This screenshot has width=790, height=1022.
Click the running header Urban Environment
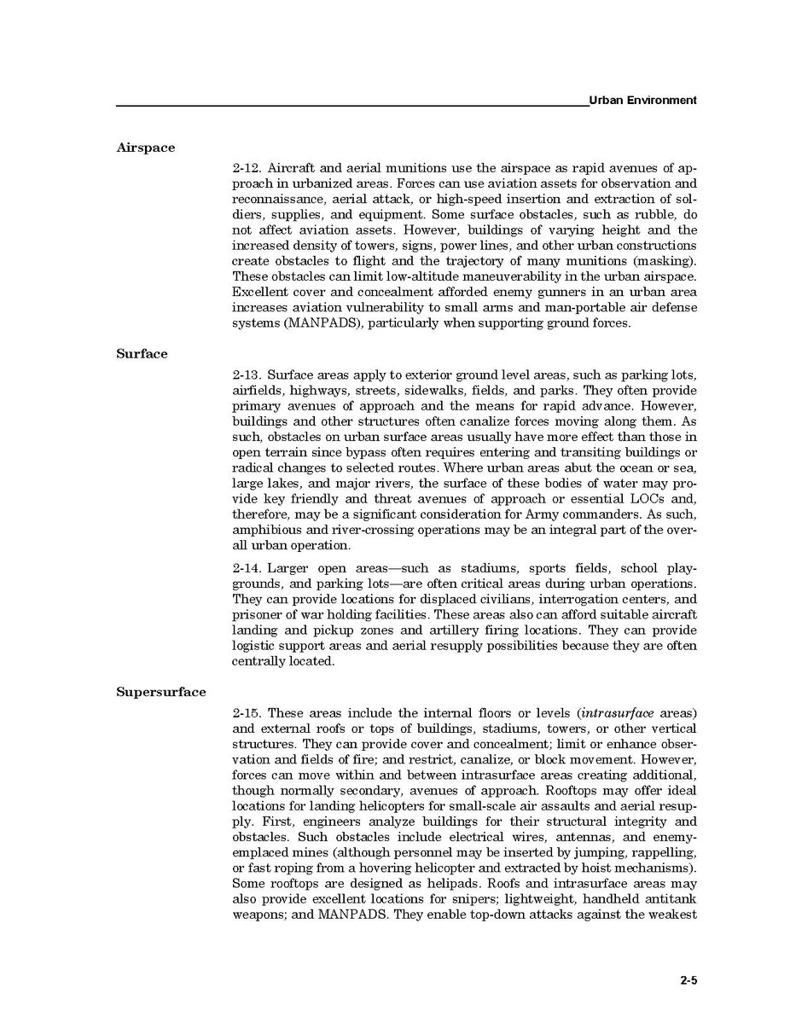point(643,100)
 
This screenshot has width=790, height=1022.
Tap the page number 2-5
point(688,980)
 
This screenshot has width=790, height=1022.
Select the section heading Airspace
point(146,148)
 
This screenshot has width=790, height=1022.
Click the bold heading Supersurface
point(161,692)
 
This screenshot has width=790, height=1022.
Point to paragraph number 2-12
point(247,168)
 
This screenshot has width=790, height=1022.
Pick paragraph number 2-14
point(247,569)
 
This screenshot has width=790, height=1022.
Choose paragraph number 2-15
point(247,713)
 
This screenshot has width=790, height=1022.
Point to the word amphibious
point(265,531)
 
